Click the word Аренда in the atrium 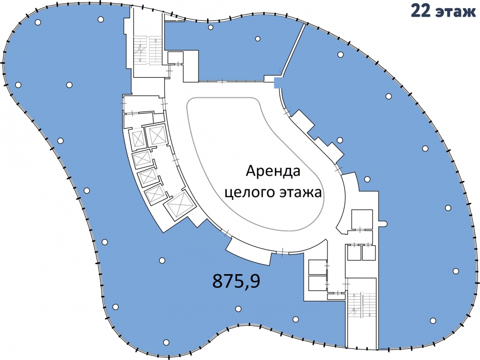pos(273,171)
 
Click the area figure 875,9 pos(236,280)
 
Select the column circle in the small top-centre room pos(258,39)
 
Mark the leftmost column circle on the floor pos(18,84)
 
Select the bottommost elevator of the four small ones pos(153,195)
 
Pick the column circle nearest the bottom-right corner pos(433,320)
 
